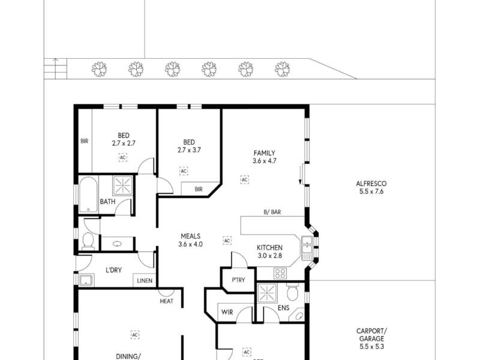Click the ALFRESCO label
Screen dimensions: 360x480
pyautogui.click(x=371, y=184)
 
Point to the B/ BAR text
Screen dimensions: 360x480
pyautogui.click(x=272, y=212)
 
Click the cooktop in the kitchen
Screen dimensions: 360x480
pyautogui.click(x=280, y=273)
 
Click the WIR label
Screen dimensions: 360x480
pyautogui.click(x=227, y=312)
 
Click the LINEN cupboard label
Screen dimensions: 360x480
pyautogui.click(x=144, y=280)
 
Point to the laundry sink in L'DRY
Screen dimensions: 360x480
pyautogui.click(x=86, y=279)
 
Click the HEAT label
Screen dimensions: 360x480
pyautogui.click(x=166, y=301)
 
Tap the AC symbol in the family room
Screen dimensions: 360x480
pyautogui.click(x=244, y=179)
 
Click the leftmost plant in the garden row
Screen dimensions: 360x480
pyautogui.click(x=99, y=69)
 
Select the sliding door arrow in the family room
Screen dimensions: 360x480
pyautogui.click(x=301, y=175)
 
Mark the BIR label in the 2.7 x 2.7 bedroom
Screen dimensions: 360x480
pyautogui.click(x=84, y=142)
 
